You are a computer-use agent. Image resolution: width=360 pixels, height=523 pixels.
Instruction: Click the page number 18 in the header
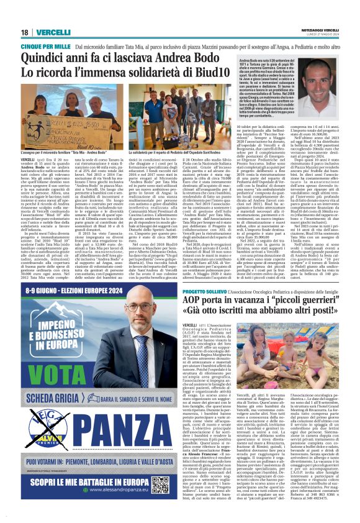click(25, 32)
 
